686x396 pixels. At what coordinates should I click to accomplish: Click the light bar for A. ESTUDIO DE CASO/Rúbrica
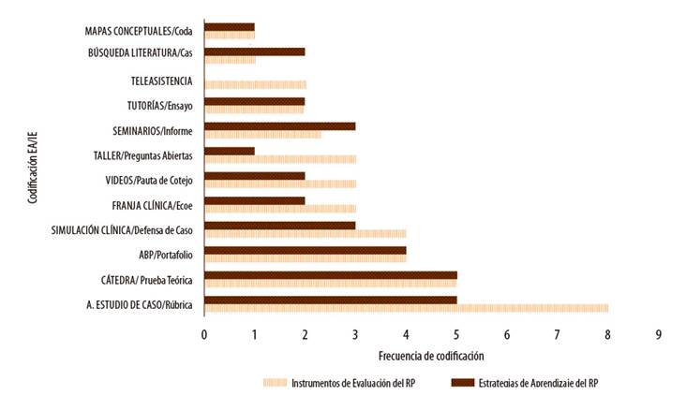(406, 306)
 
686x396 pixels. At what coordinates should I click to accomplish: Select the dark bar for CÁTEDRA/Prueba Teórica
(330, 275)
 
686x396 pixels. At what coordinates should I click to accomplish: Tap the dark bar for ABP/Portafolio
(305, 250)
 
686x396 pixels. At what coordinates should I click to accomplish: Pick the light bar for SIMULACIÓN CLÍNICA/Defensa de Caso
(305, 233)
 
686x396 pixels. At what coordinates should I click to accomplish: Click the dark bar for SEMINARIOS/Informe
(279, 125)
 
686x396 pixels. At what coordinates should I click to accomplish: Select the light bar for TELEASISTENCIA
(254, 84)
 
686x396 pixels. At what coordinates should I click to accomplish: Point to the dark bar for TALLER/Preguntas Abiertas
(229, 150)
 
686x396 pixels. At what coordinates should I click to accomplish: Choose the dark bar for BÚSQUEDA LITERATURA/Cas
(254, 51)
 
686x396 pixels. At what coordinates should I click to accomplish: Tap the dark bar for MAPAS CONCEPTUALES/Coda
(229, 27)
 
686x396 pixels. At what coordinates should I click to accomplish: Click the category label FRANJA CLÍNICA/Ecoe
(152, 204)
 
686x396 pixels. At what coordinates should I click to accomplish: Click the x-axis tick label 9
(659, 334)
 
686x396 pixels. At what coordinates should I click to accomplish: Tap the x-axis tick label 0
(203, 334)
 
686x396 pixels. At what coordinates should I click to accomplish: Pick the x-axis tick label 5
(456, 334)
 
